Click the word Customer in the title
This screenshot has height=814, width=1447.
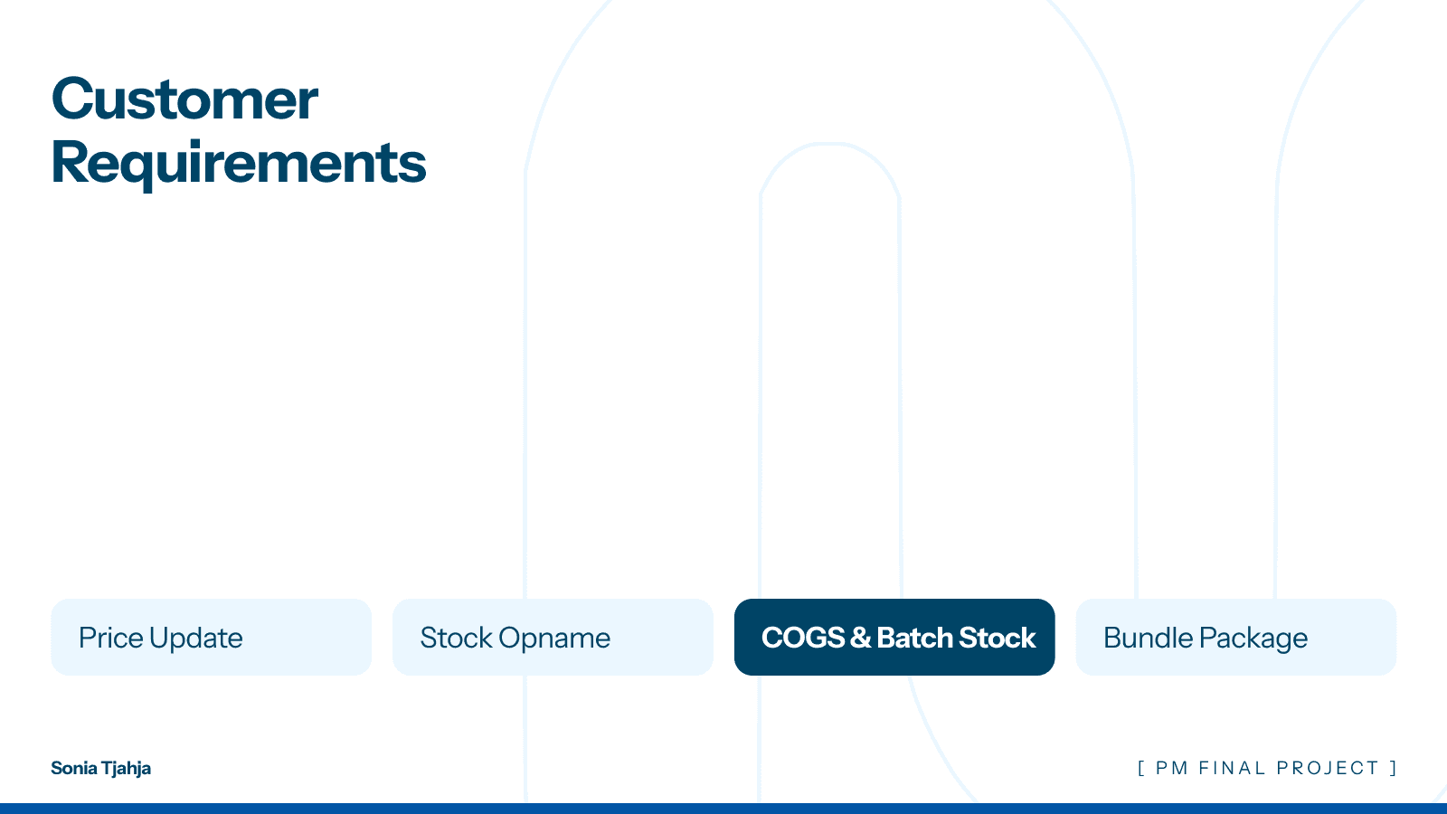tap(184, 99)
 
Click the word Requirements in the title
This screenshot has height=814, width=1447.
tap(239, 164)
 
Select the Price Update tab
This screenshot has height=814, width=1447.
tap(211, 637)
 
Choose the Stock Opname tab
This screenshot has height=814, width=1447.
tap(553, 637)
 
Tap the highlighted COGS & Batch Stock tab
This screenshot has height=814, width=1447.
tap(894, 637)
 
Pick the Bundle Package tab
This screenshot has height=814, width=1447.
tap(1235, 637)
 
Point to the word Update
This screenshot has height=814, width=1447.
tap(196, 639)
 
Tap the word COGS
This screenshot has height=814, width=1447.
tap(803, 638)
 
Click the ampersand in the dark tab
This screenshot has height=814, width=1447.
tap(860, 638)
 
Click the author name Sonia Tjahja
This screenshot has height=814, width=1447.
tap(100, 768)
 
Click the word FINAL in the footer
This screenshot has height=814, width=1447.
tap(1232, 768)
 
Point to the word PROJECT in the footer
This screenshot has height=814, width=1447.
tap(1328, 768)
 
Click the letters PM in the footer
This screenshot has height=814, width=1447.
tap(1172, 768)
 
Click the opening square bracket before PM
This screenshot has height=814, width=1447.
tap(1141, 768)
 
